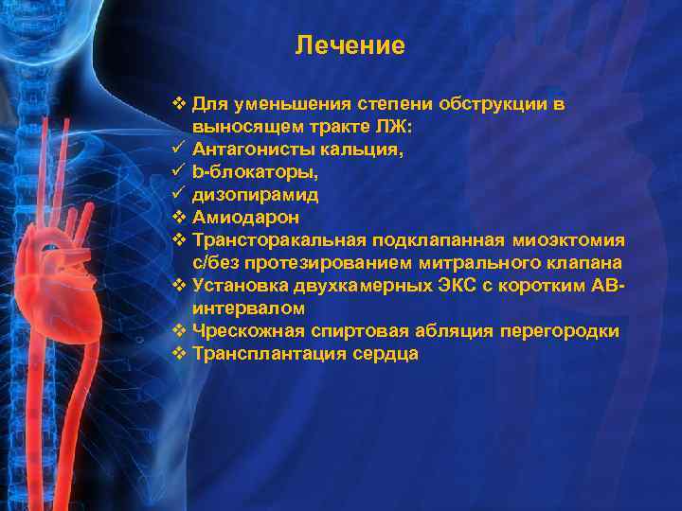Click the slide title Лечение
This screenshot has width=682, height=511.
click(x=350, y=45)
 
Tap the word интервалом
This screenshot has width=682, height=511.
click(x=248, y=308)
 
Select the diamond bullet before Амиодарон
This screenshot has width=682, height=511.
click(x=179, y=217)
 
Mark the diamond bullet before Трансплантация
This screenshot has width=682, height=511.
click(x=179, y=353)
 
